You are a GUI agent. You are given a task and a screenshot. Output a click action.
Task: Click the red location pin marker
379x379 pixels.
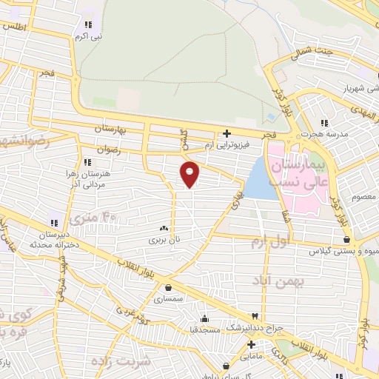[x=190, y=174]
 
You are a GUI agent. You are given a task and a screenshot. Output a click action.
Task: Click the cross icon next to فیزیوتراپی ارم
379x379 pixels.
[x=227, y=134]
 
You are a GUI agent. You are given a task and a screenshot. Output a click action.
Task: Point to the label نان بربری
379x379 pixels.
[x=164, y=239]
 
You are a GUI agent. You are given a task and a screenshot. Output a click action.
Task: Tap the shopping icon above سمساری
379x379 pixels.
[x=170, y=288]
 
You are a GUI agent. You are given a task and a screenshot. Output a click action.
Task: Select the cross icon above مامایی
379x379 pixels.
[x=251, y=344]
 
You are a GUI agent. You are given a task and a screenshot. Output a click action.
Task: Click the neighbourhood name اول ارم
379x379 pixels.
[x=269, y=243]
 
